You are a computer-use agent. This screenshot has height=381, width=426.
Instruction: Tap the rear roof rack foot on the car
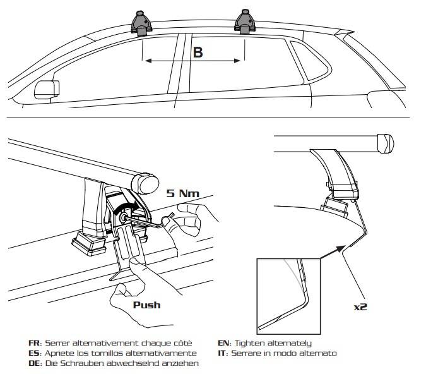[x=245, y=21]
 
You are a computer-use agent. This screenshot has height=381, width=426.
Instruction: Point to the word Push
[x=146, y=305]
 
